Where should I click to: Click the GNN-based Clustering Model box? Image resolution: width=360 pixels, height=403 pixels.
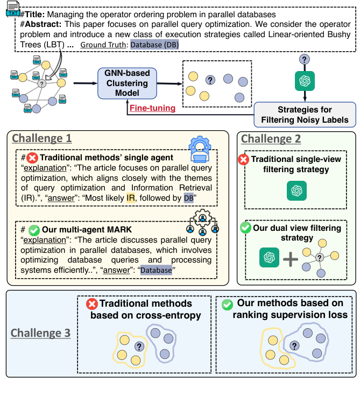tap(127, 83)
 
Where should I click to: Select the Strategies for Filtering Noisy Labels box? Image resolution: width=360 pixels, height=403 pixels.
tap(305, 115)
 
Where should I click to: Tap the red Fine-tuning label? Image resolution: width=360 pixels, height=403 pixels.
tap(153, 108)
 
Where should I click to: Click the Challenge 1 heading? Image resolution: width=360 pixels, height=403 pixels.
tap(42, 138)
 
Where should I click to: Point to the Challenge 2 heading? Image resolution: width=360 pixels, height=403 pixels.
tap(271, 139)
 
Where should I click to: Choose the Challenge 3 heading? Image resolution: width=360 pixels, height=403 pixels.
tap(40, 333)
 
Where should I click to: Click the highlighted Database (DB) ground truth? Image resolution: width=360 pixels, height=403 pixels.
tap(154, 45)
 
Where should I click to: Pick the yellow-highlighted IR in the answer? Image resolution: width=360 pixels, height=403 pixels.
tap(131, 198)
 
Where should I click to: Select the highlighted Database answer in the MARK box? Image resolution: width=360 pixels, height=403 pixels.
tap(156, 270)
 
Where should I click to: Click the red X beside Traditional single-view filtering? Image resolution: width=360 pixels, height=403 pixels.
tap(244, 159)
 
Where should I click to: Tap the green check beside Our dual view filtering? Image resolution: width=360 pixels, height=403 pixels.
tap(246, 228)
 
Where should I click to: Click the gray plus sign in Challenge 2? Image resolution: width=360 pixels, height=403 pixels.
tap(291, 259)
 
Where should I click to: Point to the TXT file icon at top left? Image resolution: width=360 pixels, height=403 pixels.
tap(13, 9)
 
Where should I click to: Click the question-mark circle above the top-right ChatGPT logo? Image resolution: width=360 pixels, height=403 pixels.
tap(305, 60)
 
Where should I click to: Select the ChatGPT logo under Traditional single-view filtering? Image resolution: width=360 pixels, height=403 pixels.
tap(297, 190)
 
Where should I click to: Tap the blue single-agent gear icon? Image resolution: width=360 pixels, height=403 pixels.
tap(200, 150)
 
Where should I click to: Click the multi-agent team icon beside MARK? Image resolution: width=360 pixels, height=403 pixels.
tap(202, 222)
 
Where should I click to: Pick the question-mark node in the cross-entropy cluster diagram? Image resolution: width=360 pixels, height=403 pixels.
tap(139, 347)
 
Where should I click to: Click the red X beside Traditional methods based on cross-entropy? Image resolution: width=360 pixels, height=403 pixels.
tap(91, 304)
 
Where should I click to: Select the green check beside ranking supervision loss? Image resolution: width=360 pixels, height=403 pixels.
tap(228, 305)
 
